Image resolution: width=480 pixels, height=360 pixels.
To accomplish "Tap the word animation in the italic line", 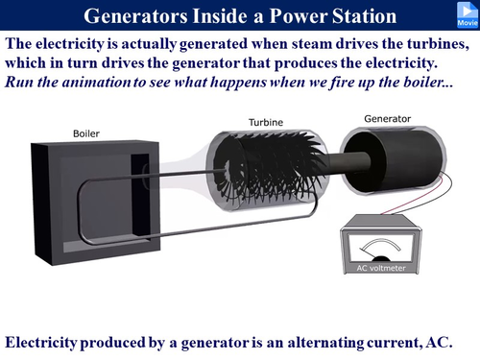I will point(94,82).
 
